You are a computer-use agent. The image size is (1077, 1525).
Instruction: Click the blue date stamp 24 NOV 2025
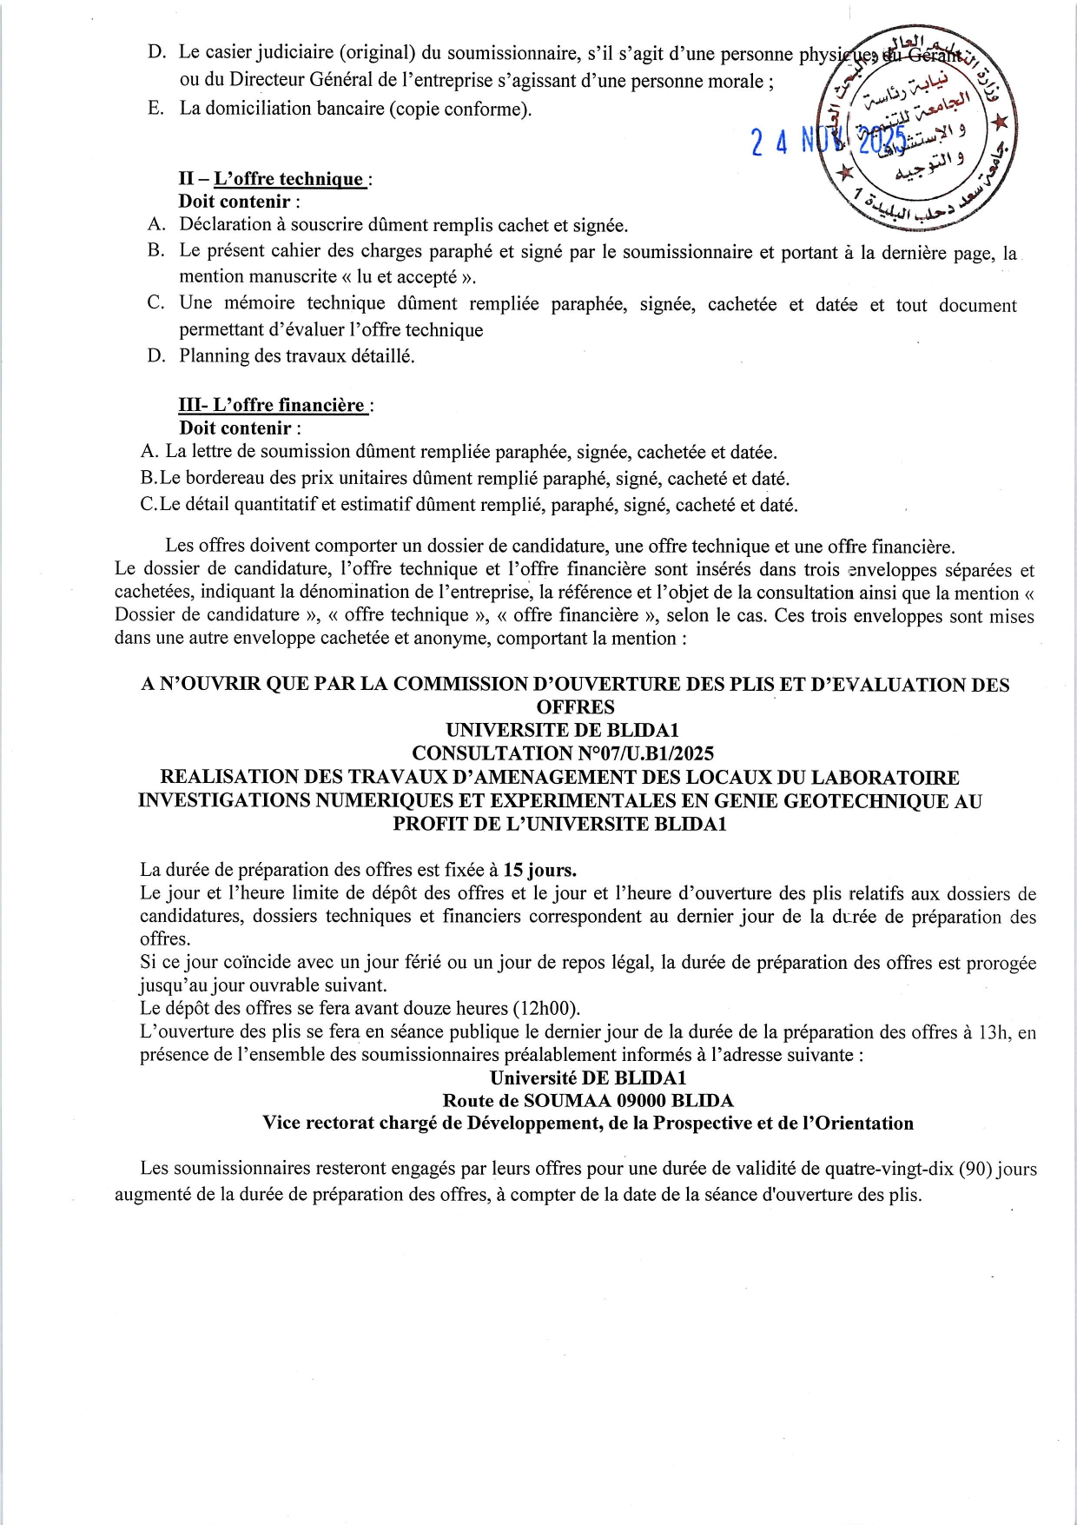(829, 140)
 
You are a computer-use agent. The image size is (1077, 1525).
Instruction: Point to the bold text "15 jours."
(540, 870)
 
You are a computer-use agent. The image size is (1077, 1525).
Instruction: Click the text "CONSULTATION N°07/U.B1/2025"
(575, 753)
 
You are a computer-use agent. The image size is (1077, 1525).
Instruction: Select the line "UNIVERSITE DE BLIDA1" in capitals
(575, 730)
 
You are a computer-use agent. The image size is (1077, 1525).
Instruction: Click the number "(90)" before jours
(975, 1170)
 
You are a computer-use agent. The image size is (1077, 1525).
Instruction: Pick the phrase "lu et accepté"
(406, 277)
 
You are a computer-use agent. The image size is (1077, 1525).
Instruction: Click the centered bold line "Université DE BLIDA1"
(588, 1077)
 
